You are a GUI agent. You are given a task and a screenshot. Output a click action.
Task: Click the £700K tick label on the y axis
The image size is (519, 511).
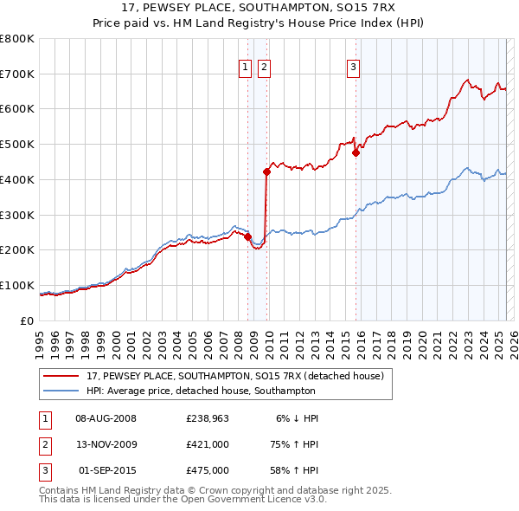[17, 74]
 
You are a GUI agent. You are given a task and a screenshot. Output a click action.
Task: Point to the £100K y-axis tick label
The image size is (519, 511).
[17, 285]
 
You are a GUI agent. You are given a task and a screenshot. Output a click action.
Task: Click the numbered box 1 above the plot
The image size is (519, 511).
[245, 67]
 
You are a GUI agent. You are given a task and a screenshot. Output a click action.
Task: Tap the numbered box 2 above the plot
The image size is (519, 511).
[263, 67]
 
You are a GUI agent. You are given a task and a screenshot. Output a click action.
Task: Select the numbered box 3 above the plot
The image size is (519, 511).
[354, 67]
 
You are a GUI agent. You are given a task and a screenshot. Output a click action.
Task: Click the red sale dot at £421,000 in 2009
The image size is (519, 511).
[266, 171]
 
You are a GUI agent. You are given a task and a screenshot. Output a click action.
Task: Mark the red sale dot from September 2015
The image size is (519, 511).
[356, 152]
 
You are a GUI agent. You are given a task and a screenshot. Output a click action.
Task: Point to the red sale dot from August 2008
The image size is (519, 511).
[247, 236]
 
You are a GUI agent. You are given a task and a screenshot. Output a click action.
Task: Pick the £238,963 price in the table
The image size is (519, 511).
[207, 418]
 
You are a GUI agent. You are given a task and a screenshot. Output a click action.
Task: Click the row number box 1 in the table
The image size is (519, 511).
[44, 418]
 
